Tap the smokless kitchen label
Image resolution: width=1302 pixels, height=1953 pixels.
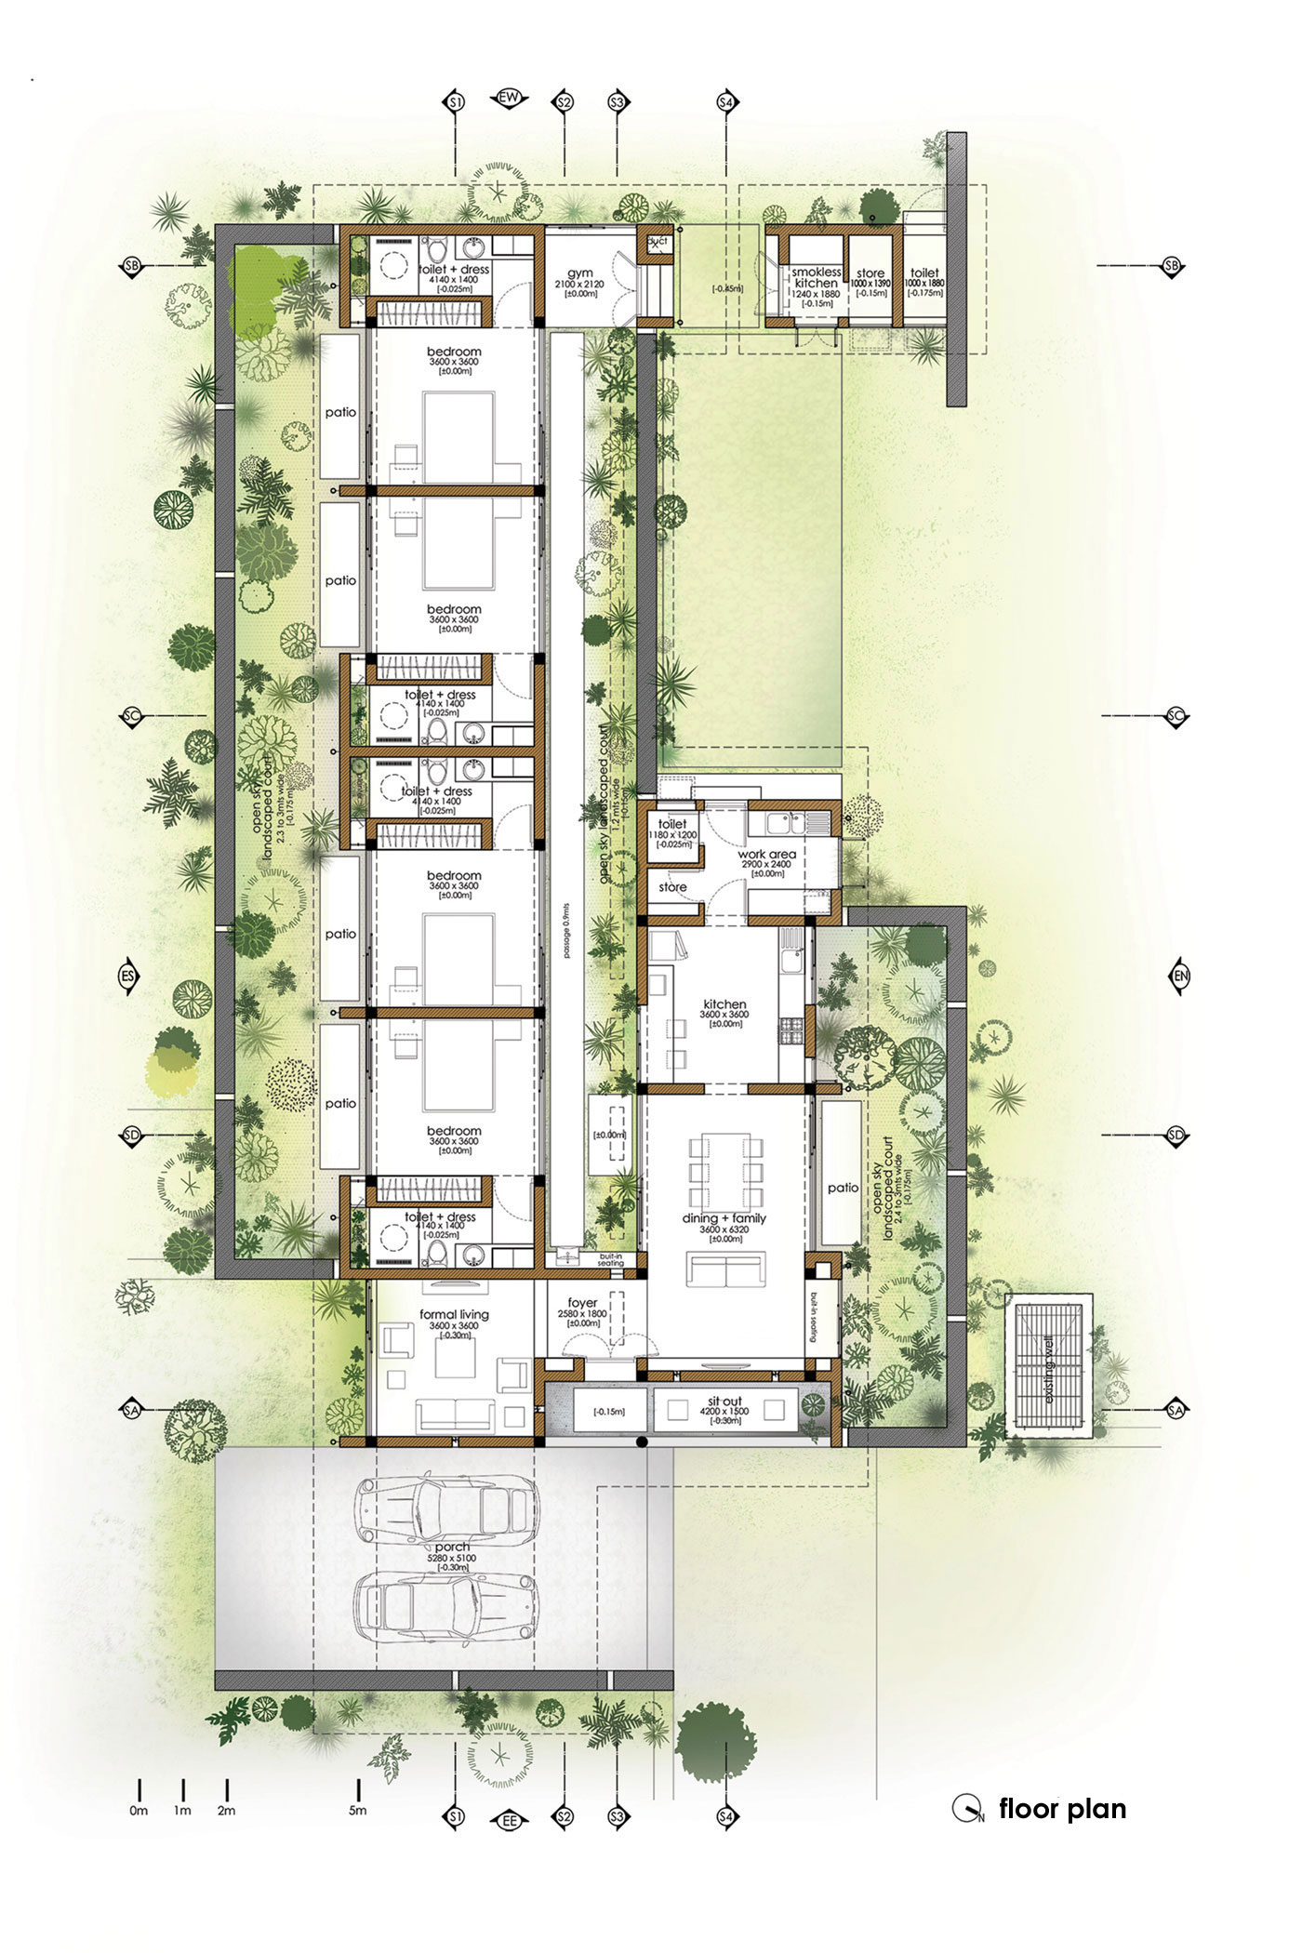point(816,277)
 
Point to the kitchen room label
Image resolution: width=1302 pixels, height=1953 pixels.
point(725,1004)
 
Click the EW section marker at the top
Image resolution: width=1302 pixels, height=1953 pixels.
point(510,99)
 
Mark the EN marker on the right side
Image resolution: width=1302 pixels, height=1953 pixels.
point(1181,976)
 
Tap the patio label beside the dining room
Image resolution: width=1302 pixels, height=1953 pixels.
point(844,1188)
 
